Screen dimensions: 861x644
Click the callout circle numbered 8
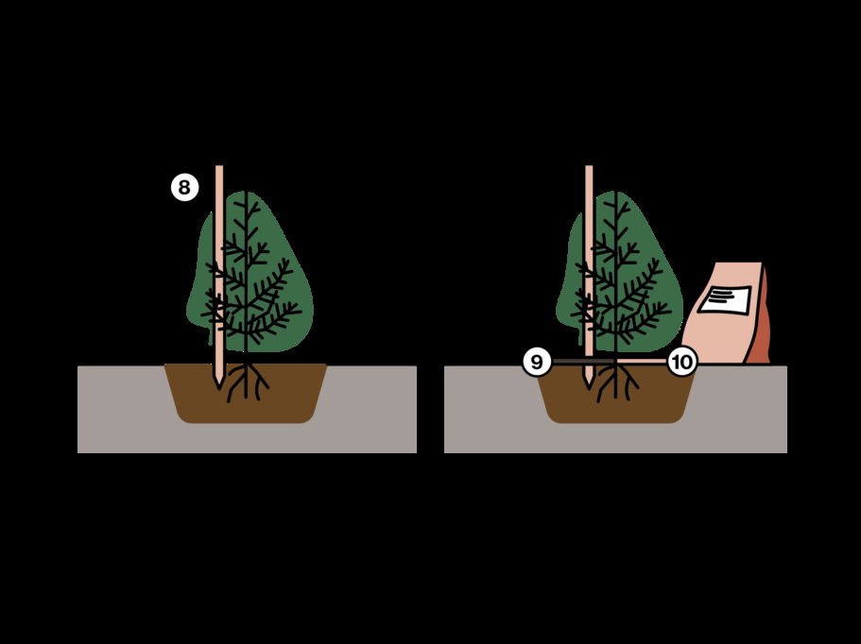click(x=184, y=187)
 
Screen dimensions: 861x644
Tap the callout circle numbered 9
click(x=537, y=362)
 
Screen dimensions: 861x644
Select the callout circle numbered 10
click(x=682, y=362)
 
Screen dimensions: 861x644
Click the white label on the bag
click(x=724, y=299)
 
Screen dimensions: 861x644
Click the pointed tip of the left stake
click(x=219, y=388)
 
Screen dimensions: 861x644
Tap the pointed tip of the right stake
click(x=589, y=388)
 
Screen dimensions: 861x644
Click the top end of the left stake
click(x=219, y=166)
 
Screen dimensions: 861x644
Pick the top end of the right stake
click(x=589, y=166)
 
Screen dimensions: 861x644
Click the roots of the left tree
click(x=246, y=381)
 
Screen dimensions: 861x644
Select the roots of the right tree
click(x=616, y=381)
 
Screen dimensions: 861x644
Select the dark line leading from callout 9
click(x=582, y=362)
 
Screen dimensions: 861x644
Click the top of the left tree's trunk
click(x=246, y=193)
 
